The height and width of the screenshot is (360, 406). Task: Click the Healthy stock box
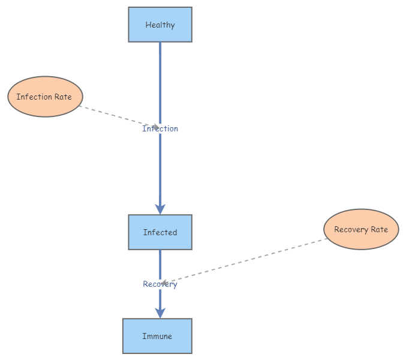click(x=160, y=25)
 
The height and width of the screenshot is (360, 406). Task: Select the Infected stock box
click(x=160, y=232)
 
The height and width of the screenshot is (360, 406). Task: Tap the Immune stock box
click(x=157, y=336)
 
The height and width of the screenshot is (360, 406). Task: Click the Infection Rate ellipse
click(x=45, y=97)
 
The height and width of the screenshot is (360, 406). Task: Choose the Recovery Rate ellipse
click(x=361, y=229)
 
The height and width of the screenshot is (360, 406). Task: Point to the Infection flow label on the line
click(x=160, y=128)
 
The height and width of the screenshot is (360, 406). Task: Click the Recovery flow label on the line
click(x=160, y=284)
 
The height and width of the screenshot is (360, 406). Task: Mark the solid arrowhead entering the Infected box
click(x=160, y=208)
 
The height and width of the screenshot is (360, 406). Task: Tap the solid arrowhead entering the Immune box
click(x=160, y=312)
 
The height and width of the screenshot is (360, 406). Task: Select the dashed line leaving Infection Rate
click(x=114, y=116)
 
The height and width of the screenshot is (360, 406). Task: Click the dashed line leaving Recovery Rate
click(x=252, y=259)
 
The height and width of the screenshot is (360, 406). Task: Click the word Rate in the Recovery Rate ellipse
click(x=378, y=229)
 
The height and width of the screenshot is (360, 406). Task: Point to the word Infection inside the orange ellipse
click(x=34, y=97)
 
